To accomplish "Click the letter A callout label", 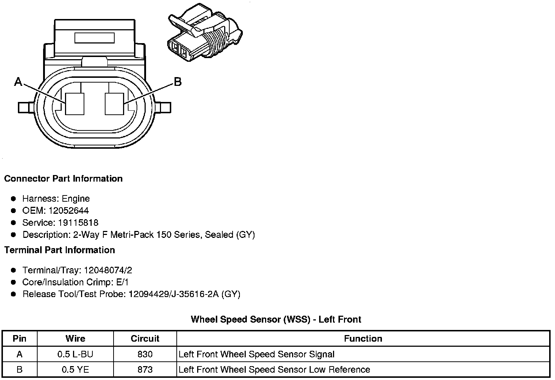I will tap(18, 82).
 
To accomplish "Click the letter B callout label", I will tap(177, 82).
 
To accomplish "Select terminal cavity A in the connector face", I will tap(75, 104).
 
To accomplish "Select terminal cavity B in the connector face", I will tap(114, 104).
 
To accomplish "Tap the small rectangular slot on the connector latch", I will tap(95, 38).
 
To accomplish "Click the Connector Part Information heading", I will tap(63, 179).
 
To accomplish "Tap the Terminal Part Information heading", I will tap(60, 250).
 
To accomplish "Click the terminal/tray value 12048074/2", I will tap(108, 270).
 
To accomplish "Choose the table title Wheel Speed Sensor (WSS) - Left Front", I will tap(276, 320).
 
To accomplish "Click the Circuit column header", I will tap(145, 339).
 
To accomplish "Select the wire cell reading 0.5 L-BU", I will tap(75, 354).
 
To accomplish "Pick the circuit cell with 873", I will tap(145, 370).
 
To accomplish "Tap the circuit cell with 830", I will tap(145, 354).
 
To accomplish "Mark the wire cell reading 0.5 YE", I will tap(75, 370).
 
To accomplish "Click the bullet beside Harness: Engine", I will tap(14, 199).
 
